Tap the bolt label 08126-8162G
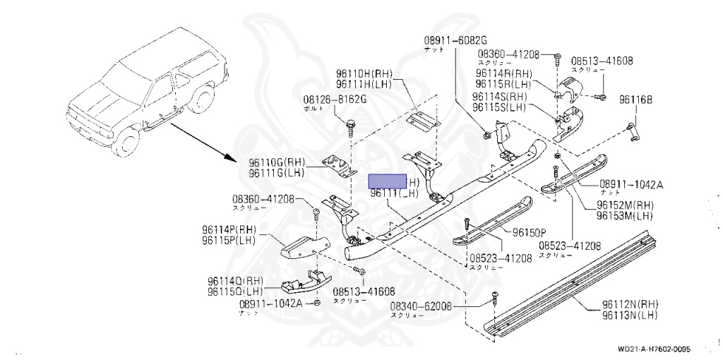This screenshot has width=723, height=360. click(x=335, y=100)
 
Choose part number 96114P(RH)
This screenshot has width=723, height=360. click(x=228, y=229)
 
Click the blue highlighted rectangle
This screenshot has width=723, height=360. click(x=388, y=181)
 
